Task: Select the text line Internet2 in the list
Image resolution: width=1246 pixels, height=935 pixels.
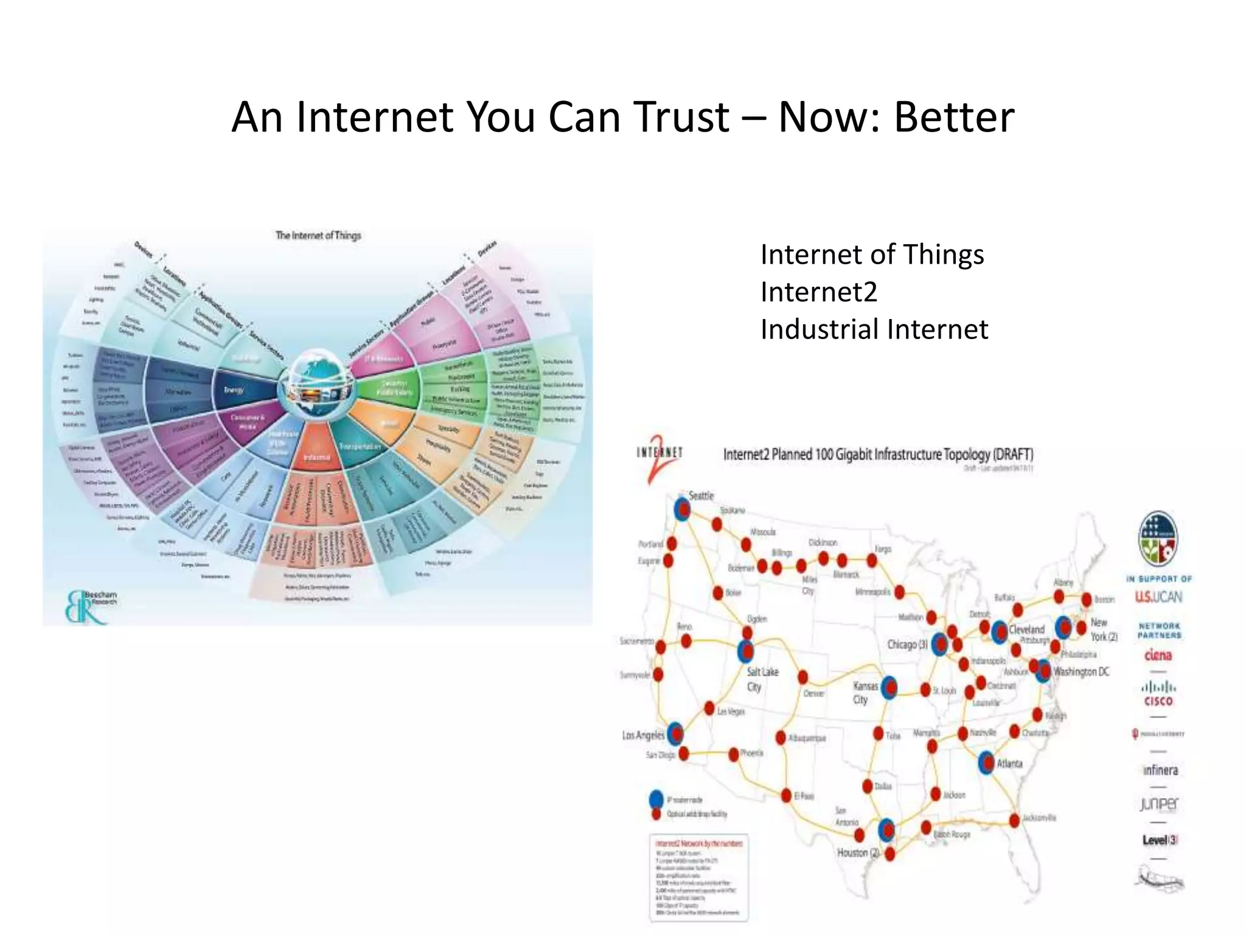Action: (818, 292)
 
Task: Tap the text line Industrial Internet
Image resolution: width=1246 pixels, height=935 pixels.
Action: (874, 329)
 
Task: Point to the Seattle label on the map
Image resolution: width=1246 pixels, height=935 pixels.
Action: (701, 496)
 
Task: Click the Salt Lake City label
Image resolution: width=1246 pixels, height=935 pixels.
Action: (762, 679)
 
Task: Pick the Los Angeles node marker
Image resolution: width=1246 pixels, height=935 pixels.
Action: (675, 734)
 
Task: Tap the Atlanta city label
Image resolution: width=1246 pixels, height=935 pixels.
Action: (1010, 763)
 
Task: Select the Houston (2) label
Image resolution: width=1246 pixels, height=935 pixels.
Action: (858, 852)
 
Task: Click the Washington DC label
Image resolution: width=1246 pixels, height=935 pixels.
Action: (1082, 671)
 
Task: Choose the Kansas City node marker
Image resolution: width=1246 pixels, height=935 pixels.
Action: (889, 688)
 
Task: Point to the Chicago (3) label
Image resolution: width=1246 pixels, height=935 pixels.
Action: (907, 643)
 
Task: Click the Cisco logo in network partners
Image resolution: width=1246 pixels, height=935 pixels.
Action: (1158, 694)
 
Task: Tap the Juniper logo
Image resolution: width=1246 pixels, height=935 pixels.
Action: (1159, 804)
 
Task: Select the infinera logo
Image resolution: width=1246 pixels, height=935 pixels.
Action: (1160, 770)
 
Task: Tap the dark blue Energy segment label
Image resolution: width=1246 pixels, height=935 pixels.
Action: (234, 390)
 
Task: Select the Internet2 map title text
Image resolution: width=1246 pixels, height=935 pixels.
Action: (878, 454)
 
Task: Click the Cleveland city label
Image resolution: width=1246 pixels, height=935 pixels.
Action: (1026, 629)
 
